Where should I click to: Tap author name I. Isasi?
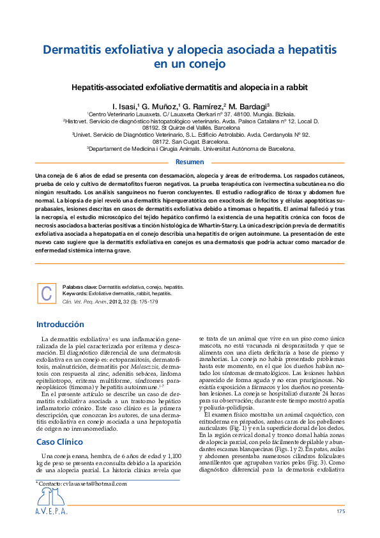coord(125,105)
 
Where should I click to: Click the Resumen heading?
coord(190,162)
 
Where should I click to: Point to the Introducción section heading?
coord(60,325)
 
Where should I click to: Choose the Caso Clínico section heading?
coord(59,424)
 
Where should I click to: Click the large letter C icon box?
coord(46,293)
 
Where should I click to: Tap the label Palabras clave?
coord(80,288)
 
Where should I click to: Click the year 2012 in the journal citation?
coord(116,300)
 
